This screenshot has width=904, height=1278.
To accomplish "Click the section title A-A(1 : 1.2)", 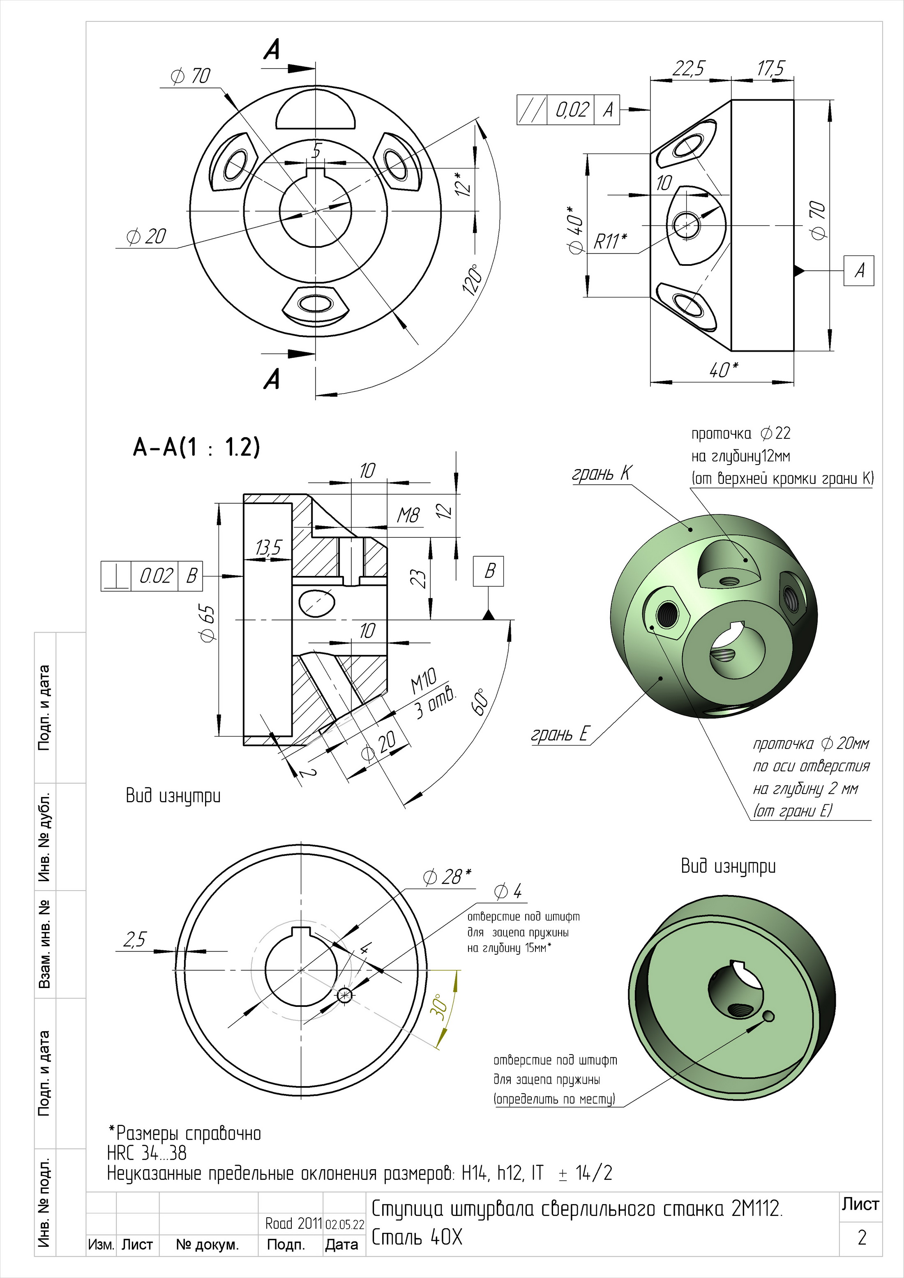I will [196, 447].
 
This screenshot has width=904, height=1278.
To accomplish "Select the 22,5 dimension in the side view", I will [688, 69].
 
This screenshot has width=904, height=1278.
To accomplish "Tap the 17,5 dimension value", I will [770, 69].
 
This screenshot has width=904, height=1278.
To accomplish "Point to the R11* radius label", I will [611, 241].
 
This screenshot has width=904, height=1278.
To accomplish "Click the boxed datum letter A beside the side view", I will [859, 271].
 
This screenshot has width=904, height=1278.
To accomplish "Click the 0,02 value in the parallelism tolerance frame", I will [571, 110].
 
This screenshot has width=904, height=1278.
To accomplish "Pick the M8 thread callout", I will [408, 516].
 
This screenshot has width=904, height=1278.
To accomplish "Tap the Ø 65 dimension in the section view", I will [207, 624].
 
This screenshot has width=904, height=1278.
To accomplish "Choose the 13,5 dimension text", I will [268, 548].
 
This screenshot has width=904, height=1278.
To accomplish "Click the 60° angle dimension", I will [482, 704].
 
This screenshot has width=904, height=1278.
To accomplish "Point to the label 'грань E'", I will [559, 734].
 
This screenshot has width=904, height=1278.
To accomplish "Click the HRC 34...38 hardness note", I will [147, 1153].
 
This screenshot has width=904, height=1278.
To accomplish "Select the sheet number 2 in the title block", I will [862, 1237].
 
